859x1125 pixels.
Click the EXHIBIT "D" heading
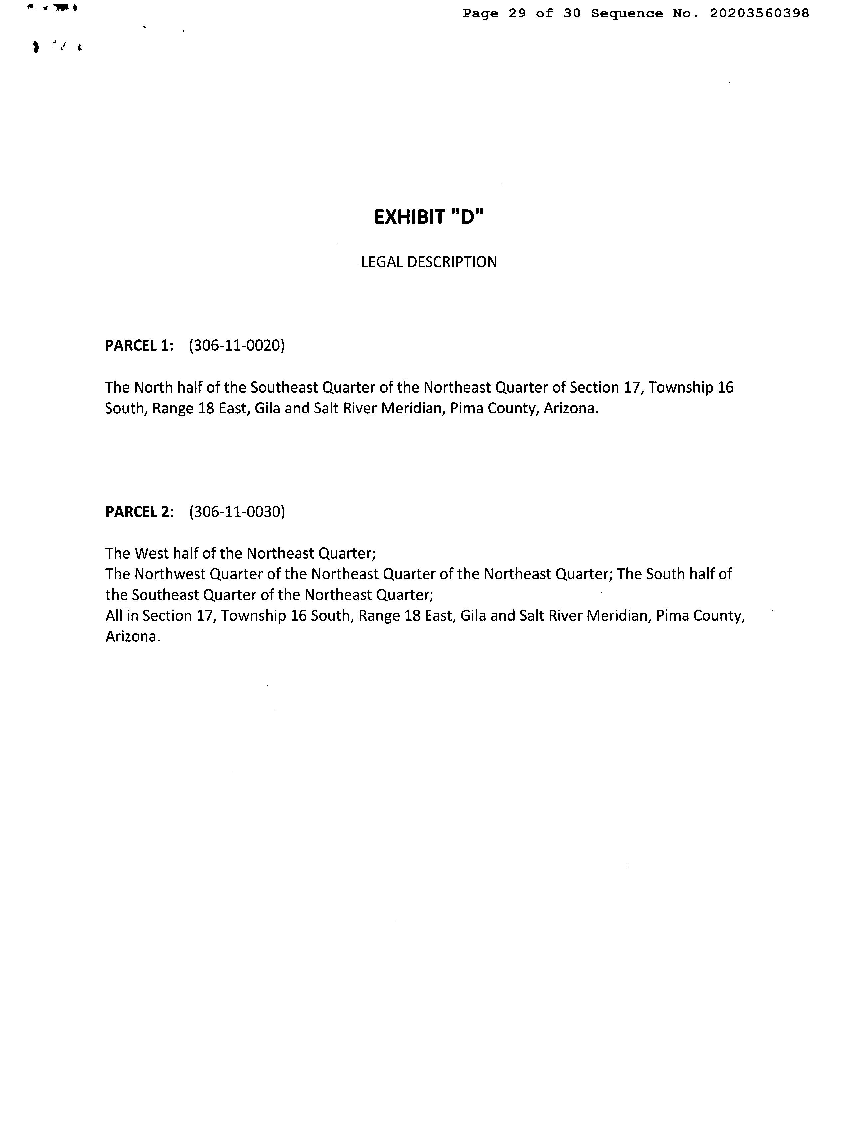point(429,218)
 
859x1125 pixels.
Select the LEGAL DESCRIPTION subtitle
point(429,262)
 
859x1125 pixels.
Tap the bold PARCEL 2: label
point(140,512)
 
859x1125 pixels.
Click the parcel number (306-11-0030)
point(237,512)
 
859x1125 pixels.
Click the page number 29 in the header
point(517,14)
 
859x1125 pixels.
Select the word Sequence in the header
point(627,14)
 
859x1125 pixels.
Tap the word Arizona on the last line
point(133,637)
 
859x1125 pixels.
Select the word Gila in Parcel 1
point(267,409)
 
